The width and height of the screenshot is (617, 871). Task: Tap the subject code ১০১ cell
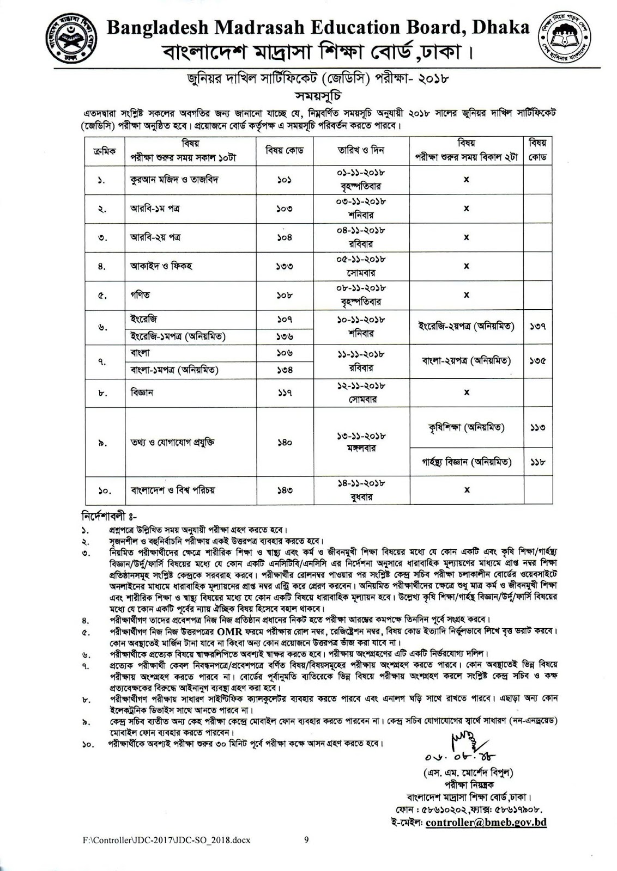tap(284, 180)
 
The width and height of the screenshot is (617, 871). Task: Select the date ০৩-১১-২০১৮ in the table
tap(361, 201)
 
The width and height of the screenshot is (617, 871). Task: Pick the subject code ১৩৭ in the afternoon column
tap(537, 327)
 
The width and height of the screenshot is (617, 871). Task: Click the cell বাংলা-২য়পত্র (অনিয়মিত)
tap(466, 360)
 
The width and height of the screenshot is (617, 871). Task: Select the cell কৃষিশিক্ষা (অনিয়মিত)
tap(466, 428)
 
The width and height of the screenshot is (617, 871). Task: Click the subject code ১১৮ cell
tap(537, 462)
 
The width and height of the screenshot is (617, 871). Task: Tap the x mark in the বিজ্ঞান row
tap(466, 392)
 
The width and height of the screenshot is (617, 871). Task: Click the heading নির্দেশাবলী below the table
tap(108, 514)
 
